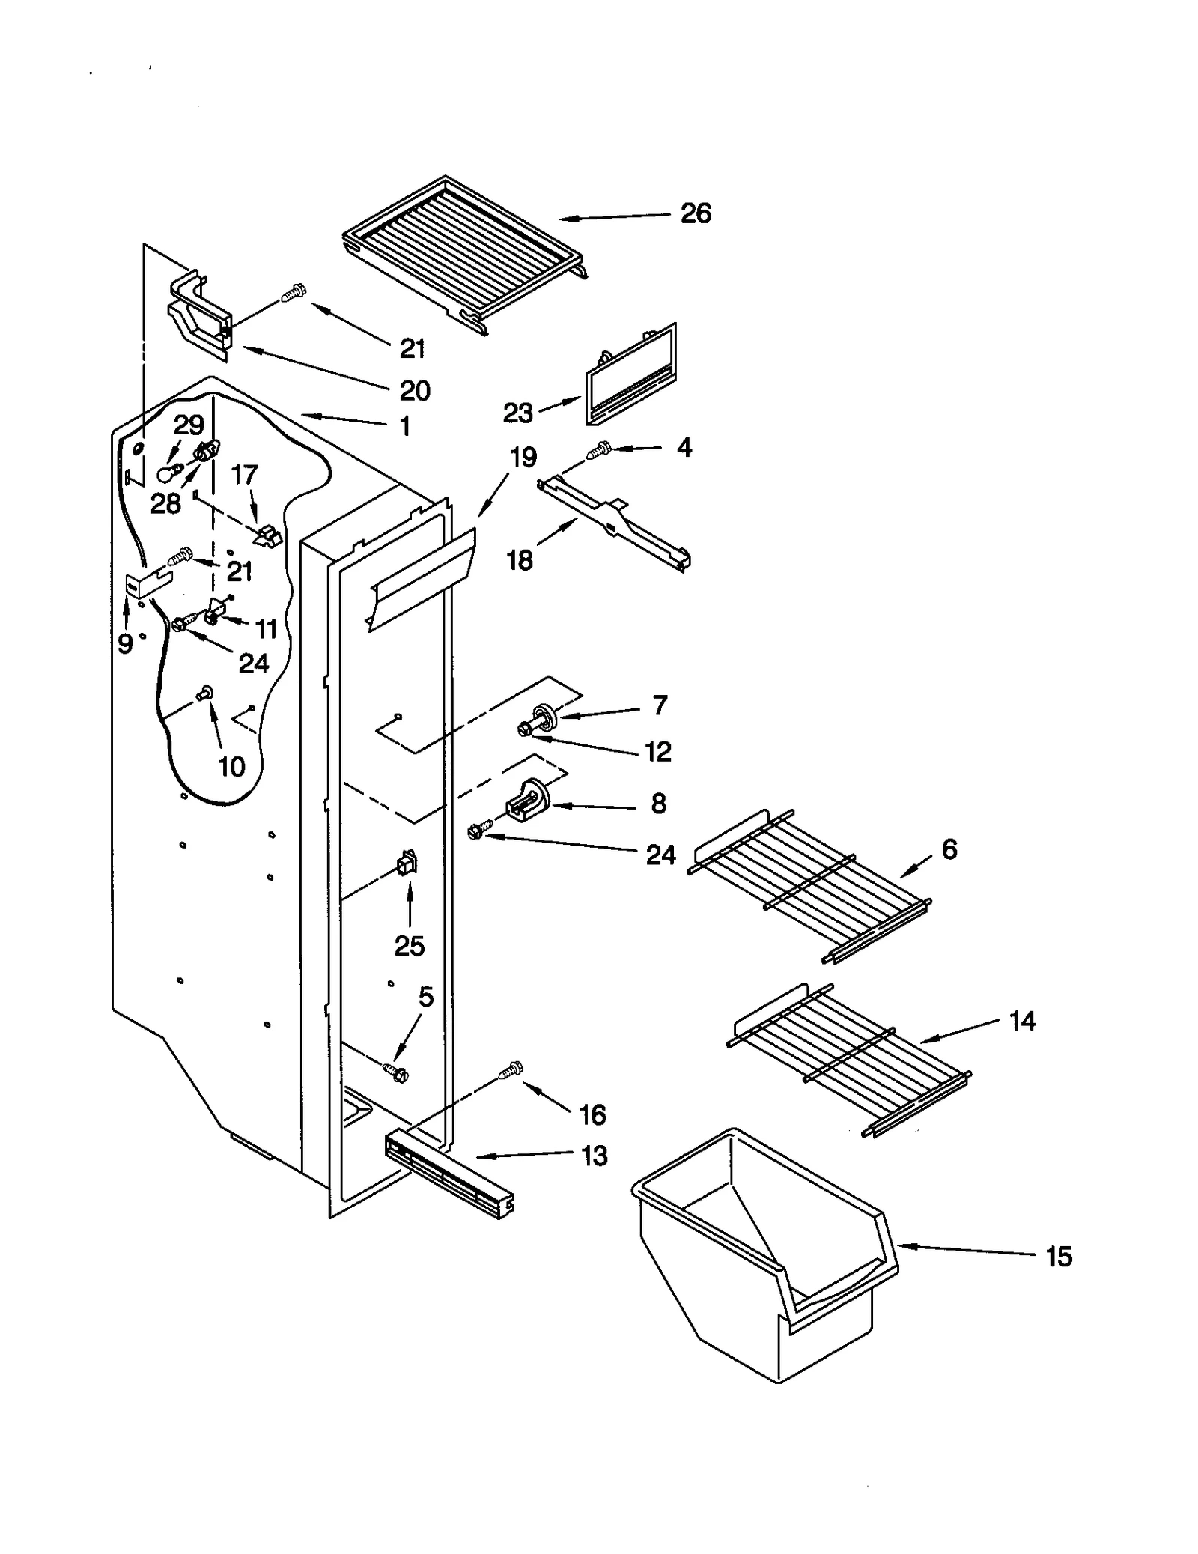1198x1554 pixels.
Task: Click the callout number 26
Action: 695,213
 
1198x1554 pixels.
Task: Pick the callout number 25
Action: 409,946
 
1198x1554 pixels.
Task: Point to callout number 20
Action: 414,390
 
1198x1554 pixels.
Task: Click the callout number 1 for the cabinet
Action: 404,426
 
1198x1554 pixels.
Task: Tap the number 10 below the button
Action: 231,766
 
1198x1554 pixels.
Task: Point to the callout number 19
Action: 523,456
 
